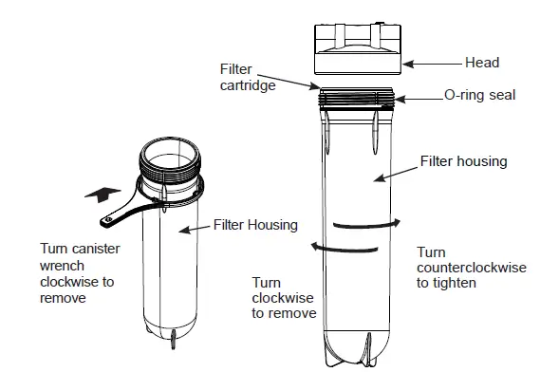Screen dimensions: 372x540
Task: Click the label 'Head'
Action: point(481,63)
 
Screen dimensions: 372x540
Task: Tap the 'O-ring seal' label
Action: point(480,96)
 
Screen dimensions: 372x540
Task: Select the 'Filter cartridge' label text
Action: point(243,76)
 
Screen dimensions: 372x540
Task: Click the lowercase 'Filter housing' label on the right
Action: point(463,161)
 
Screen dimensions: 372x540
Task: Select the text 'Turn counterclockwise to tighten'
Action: point(471,268)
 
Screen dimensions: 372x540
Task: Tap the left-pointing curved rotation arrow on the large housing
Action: point(345,247)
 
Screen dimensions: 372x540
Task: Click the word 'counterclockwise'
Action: point(471,269)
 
